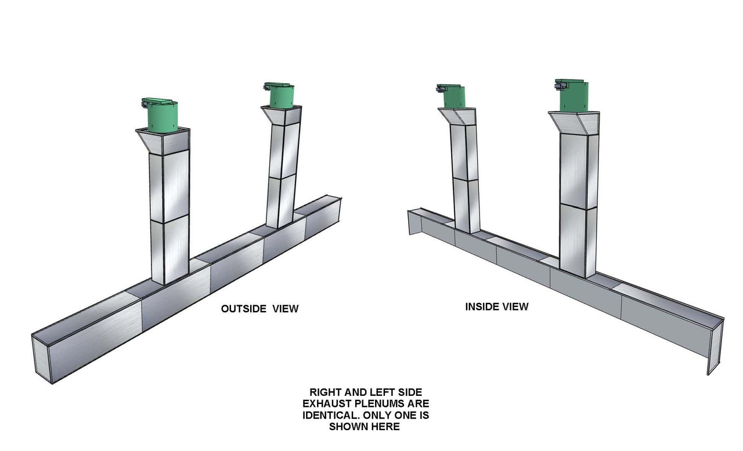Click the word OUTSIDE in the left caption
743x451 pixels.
click(x=243, y=309)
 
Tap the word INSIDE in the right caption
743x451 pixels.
click(x=480, y=306)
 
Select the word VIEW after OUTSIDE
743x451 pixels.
click(x=286, y=309)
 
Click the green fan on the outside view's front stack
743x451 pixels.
click(x=161, y=115)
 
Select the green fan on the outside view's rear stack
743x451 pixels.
click(x=280, y=95)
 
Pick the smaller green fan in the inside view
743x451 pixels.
click(x=452, y=96)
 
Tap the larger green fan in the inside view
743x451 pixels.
click(x=573, y=95)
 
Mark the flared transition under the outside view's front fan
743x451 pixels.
click(x=163, y=141)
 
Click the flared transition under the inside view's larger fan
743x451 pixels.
click(x=574, y=124)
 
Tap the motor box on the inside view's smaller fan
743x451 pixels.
click(x=441, y=89)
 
